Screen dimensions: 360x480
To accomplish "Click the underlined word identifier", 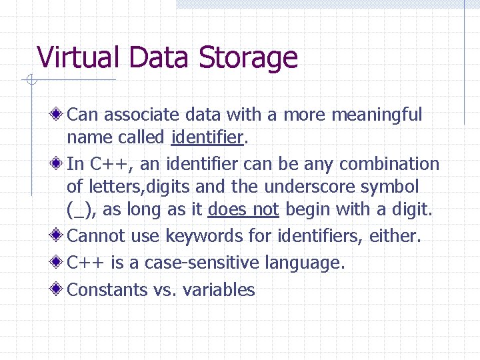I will (x=207, y=137).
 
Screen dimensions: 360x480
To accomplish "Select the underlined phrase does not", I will (x=243, y=210).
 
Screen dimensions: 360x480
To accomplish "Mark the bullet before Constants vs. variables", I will (x=59, y=289).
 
